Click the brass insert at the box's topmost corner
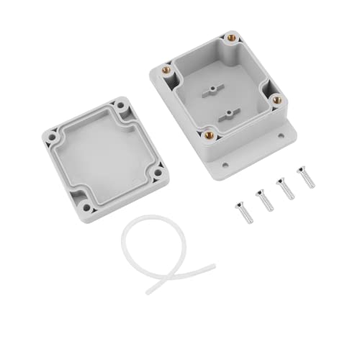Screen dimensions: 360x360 tap(231, 37)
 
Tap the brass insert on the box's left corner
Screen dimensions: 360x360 tap(166, 70)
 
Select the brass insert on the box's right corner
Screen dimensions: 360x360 tap(276, 99)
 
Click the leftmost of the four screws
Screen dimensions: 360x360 tap(241, 213)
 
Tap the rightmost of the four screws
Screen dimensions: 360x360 tap(307, 177)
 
